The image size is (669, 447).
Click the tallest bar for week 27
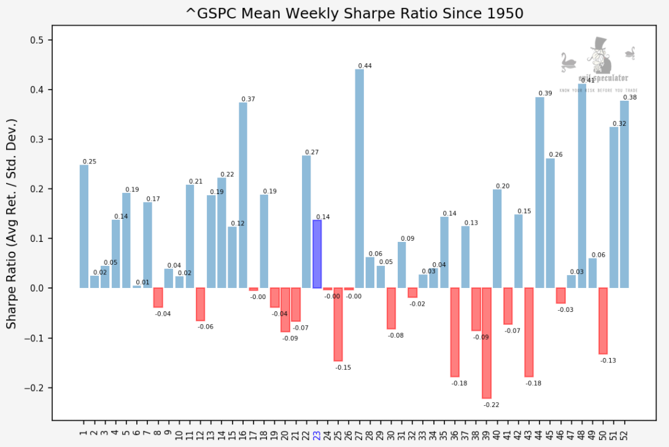(x=359, y=179)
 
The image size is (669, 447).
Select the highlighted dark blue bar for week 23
(x=317, y=254)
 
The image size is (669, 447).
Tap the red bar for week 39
(x=487, y=343)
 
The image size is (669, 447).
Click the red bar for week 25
(x=338, y=324)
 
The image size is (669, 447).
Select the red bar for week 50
(x=603, y=321)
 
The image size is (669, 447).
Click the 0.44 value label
(x=365, y=66)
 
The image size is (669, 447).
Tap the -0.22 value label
(x=491, y=405)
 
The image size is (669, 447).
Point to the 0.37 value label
(x=248, y=99)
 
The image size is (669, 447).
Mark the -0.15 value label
(x=343, y=367)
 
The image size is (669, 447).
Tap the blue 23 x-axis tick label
(x=317, y=435)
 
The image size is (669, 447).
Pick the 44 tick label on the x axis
(x=539, y=435)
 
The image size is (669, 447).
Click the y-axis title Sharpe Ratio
(x=12, y=223)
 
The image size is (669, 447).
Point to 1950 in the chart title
(x=505, y=13)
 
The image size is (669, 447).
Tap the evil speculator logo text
(x=603, y=79)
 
